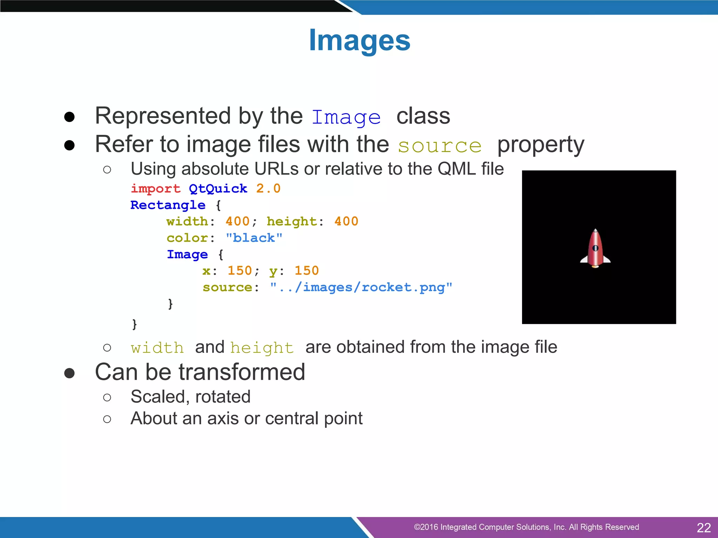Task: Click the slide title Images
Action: coord(359,41)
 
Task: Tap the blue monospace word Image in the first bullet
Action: coord(346,117)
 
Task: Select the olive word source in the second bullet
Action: coord(440,146)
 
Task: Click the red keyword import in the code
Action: coord(155,189)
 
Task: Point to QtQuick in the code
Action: coord(218,189)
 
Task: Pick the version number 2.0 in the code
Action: coord(268,189)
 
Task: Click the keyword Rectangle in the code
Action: coord(168,205)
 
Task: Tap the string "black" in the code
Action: coord(254,238)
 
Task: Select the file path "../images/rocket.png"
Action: coord(361,288)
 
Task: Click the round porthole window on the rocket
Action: coord(595,248)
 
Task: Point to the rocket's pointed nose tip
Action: coord(595,230)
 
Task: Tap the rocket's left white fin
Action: coord(584,260)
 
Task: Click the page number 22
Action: coord(704,527)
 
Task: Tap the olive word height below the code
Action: coord(262,348)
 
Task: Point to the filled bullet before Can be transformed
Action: coord(69,373)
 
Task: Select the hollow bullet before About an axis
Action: coord(107,419)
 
